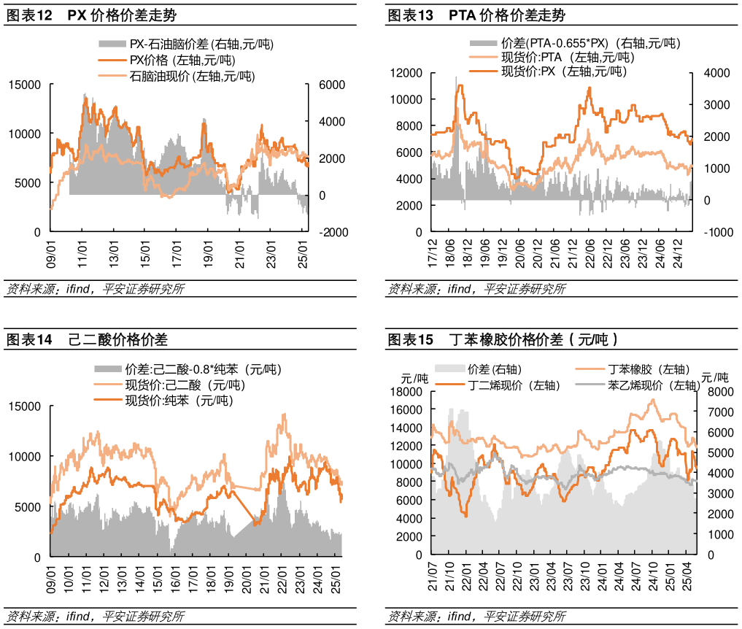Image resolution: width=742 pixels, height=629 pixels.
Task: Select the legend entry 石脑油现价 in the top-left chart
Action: pos(192,75)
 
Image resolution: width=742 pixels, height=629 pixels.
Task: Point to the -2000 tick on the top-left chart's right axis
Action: pos(326,232)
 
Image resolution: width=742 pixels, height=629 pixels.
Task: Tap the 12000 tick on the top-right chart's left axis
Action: pos(406,73)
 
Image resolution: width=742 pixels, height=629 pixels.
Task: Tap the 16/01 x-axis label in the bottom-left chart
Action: pos(175,576)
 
